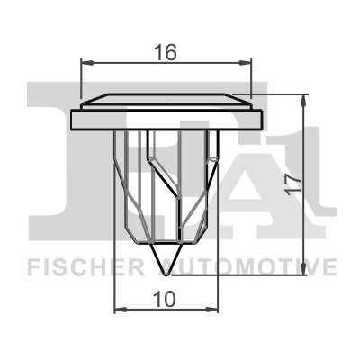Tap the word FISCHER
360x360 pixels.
79,267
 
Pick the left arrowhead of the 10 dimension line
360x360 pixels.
120,307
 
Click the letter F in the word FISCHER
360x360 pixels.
32,267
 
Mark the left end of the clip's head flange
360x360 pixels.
72,118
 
